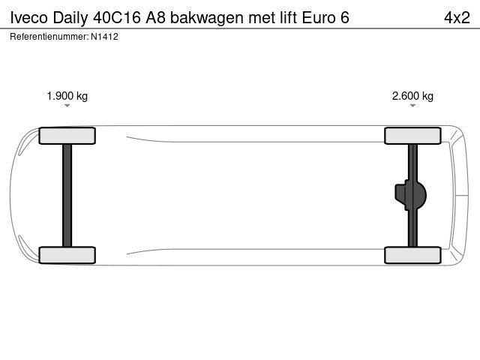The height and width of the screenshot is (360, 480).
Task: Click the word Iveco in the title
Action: pyautogui.click(x=29, y=17)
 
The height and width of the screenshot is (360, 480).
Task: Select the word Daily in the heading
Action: pyautogui.click(x=70, y=18)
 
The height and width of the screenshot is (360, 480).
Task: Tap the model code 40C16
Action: pyautogui.click(x=117, y=17)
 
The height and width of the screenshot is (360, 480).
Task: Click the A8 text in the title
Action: pyautogui.click(x=155, y=17)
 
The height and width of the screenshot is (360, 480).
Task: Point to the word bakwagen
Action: pyautogui.click(x=207, y=18)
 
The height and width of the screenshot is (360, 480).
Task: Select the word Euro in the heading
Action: pyautogui.click(x=319, y=17)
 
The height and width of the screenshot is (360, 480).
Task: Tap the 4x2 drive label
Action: pyautogui.click(x=457, y=17)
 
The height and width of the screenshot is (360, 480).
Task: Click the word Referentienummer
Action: pyautogui.click(x=49, y=37)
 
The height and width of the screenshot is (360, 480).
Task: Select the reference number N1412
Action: pyautogui.click(x=104, y=37)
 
